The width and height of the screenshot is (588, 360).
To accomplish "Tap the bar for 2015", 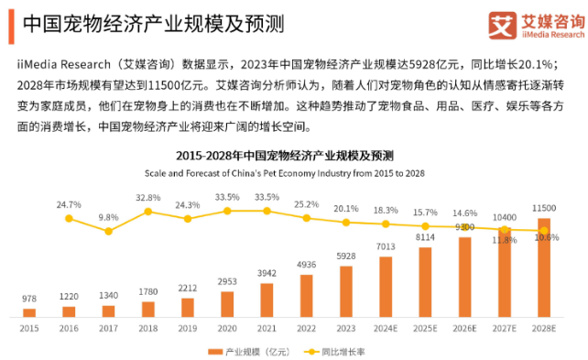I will (29, 312).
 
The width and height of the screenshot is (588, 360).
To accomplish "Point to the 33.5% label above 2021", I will (267, 197).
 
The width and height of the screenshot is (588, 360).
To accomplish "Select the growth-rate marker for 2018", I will (148, 212).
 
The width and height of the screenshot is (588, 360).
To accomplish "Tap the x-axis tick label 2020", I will (227, 327).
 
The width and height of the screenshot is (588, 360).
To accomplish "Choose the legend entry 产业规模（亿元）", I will (246, 350).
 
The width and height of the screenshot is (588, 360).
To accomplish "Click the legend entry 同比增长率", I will (344, 350).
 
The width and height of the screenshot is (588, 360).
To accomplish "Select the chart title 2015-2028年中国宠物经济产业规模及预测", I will (284, 155).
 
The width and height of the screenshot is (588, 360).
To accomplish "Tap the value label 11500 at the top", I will (545, 209).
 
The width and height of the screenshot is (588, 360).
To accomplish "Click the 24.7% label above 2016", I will (70, 204).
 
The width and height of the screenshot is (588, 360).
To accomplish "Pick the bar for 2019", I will (188, 307).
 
